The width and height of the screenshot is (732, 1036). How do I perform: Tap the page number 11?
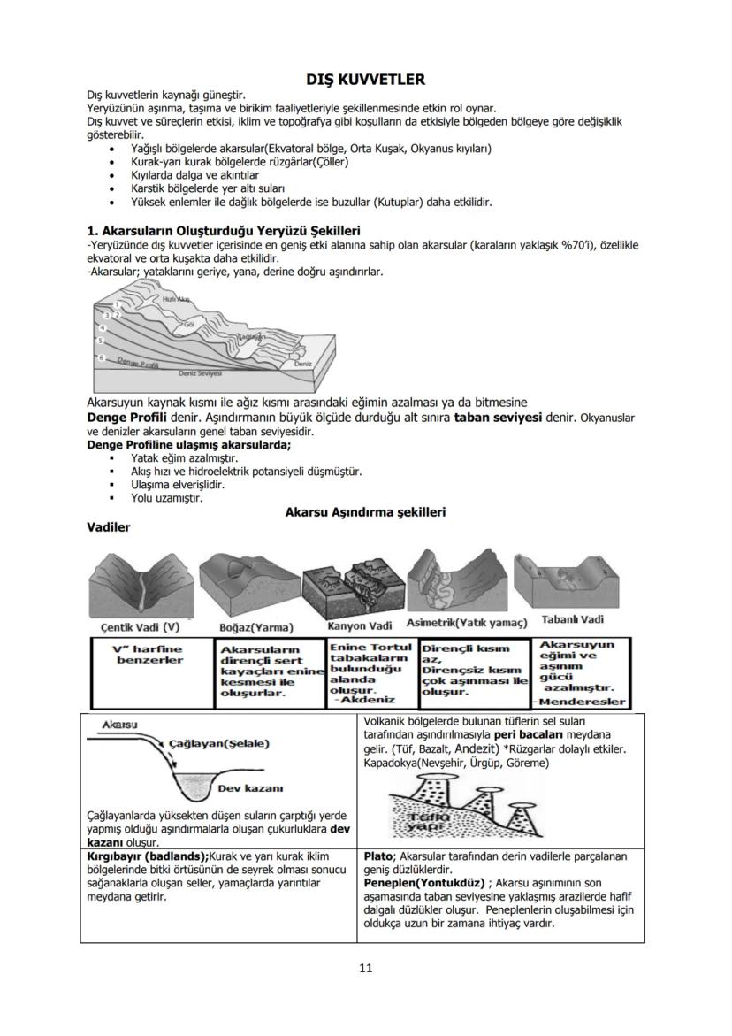(x=365, y=967)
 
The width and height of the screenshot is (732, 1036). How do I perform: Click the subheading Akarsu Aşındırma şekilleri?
(x=365, y=512)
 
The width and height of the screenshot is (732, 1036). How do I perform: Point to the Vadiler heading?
(x=109, y=527)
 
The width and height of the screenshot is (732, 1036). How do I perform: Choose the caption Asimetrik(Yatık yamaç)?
(x=466, y=623)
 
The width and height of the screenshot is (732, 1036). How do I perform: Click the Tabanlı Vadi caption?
(x=572, y=619)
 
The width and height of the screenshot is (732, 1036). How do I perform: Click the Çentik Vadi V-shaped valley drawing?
(x=141, y=584)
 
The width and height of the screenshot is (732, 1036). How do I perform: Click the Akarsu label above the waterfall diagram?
(x=118, y=724)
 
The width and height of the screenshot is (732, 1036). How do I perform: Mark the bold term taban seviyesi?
(x=498, y=416)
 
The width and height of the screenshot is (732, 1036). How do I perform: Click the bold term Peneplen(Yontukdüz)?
(x=424, y=882)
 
